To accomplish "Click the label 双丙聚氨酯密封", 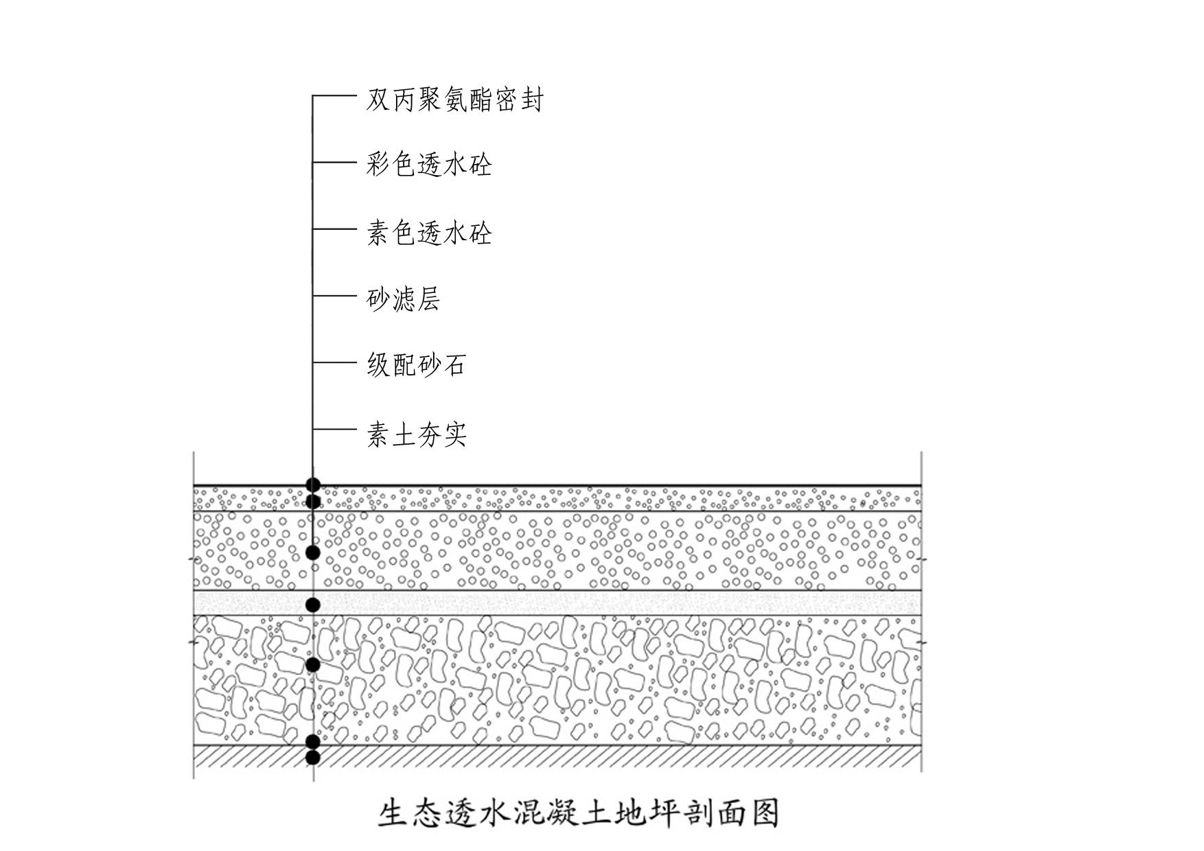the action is pyautogui.click(x=455, y=100).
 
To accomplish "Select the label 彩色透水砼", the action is pyautogui.click(x=429, y=165).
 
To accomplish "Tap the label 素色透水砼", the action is pyautogui.click(x=429, y=233).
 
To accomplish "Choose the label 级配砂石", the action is pyautogui.click(x=416, y=364).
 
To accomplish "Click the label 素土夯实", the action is pyautogui.click(x=416, y=434).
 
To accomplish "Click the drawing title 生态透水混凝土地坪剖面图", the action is pyautogui.click(x=579, y=813).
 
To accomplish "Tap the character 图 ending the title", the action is pyautogui.click(x=765, y=813).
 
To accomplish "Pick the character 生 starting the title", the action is pyautogui.click(x=393, y=813).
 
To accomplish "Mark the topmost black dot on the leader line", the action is pyautogui.click(x=313, y=485).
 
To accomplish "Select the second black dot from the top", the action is pyautogui.click(x=313, y=502).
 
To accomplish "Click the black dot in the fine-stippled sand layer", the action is pyautogui.click(x=313, y=605).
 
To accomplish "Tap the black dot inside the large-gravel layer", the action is pyautogui.click(x=313, y=664).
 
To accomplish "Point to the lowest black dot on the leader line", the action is pyautogui.click(x=313, y=758).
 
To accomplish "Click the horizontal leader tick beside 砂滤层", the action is pyautogui.click(x=335, y=296).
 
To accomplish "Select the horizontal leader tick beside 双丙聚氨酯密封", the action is pyautogui.click(x=335, y=95).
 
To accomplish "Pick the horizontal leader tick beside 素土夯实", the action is pyautogui.click(x=335, y=430).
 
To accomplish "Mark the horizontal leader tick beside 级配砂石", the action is pyautogui.click(x=335, y=362).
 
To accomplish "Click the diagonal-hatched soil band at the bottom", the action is pyautogui.click(x=557, y=757).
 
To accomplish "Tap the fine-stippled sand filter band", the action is pyautogui.click(x=557, y=603).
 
